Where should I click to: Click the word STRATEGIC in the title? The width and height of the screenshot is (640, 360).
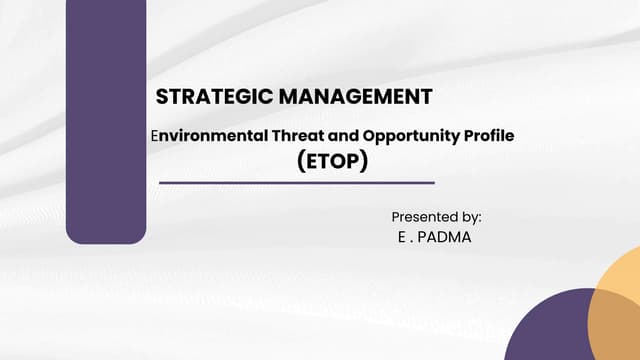[202, 97]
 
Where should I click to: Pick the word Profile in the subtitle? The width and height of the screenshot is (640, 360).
[488, 134]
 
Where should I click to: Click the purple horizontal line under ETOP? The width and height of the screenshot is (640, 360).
[297, 183]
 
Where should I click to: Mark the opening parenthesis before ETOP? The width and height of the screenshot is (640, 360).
[301, 160]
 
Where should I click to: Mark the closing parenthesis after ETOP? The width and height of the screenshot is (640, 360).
[364, 160]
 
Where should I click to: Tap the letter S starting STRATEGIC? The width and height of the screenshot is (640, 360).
[162, 97]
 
